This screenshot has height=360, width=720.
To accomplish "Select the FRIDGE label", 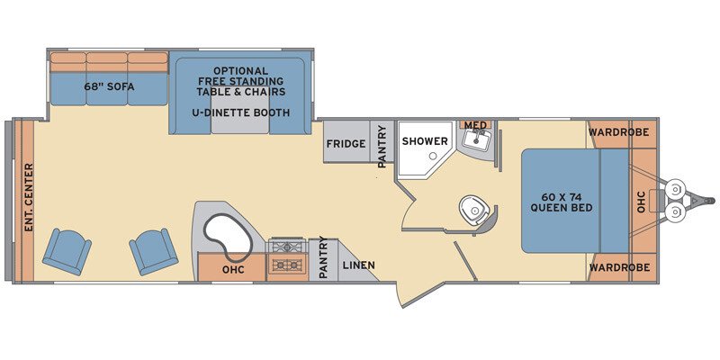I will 346,143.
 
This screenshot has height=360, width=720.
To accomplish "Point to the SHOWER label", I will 425,141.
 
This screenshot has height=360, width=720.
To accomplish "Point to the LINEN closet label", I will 358,265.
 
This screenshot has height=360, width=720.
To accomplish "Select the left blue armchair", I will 67,250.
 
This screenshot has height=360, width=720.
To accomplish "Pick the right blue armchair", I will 154,251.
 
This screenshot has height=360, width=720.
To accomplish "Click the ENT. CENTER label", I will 28,196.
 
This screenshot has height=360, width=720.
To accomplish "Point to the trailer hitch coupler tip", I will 710,200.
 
